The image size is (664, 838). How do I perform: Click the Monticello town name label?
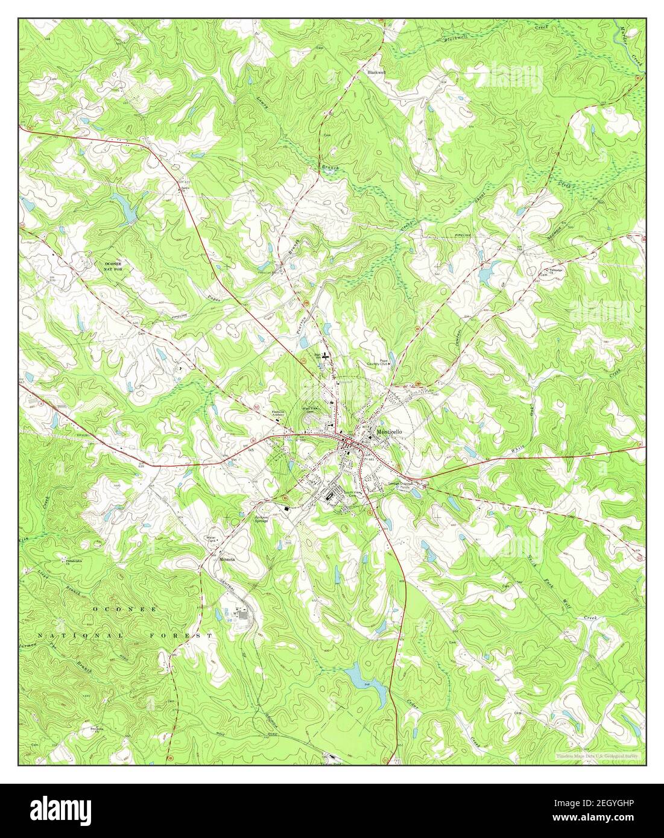pyautogui.click(x=389, y=432)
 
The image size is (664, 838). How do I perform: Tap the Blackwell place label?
pyautogui.click(x=376, y=72)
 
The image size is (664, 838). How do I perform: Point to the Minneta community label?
pyautogui.click(x=227, y=559)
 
